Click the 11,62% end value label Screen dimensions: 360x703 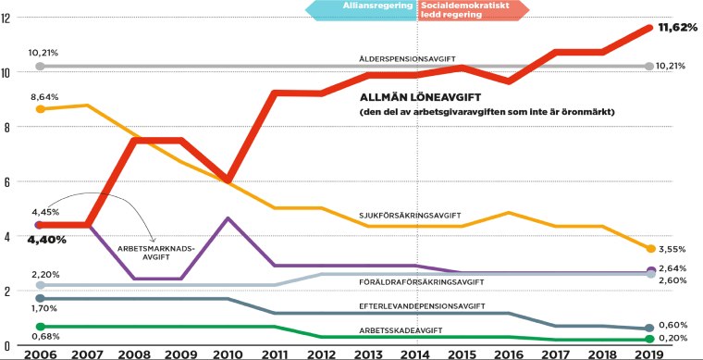pyautogui.click(x=677, y=29)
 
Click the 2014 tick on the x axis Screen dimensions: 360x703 pyautogui.click(x=418, y=353)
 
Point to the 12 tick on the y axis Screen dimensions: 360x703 pyautogui.click(x=6, y=19)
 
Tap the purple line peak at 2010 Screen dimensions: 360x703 pyautogui.click(x=228, y=218)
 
